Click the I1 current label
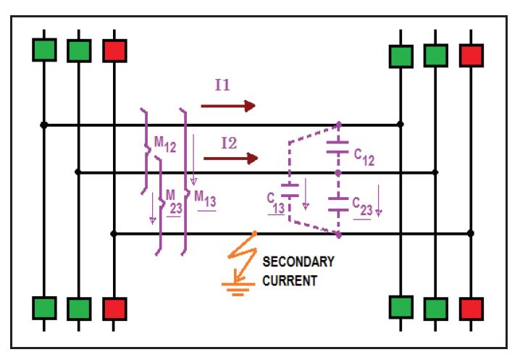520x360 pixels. [222, 85]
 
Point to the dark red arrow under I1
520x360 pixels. [228, 106]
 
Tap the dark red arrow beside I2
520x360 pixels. [231, 158]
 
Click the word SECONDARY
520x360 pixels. [298, 262]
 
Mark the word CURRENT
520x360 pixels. [289, 280]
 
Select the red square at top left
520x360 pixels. [114, 50]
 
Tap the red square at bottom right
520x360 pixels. [471, 308]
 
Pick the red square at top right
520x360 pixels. [471, 55]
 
